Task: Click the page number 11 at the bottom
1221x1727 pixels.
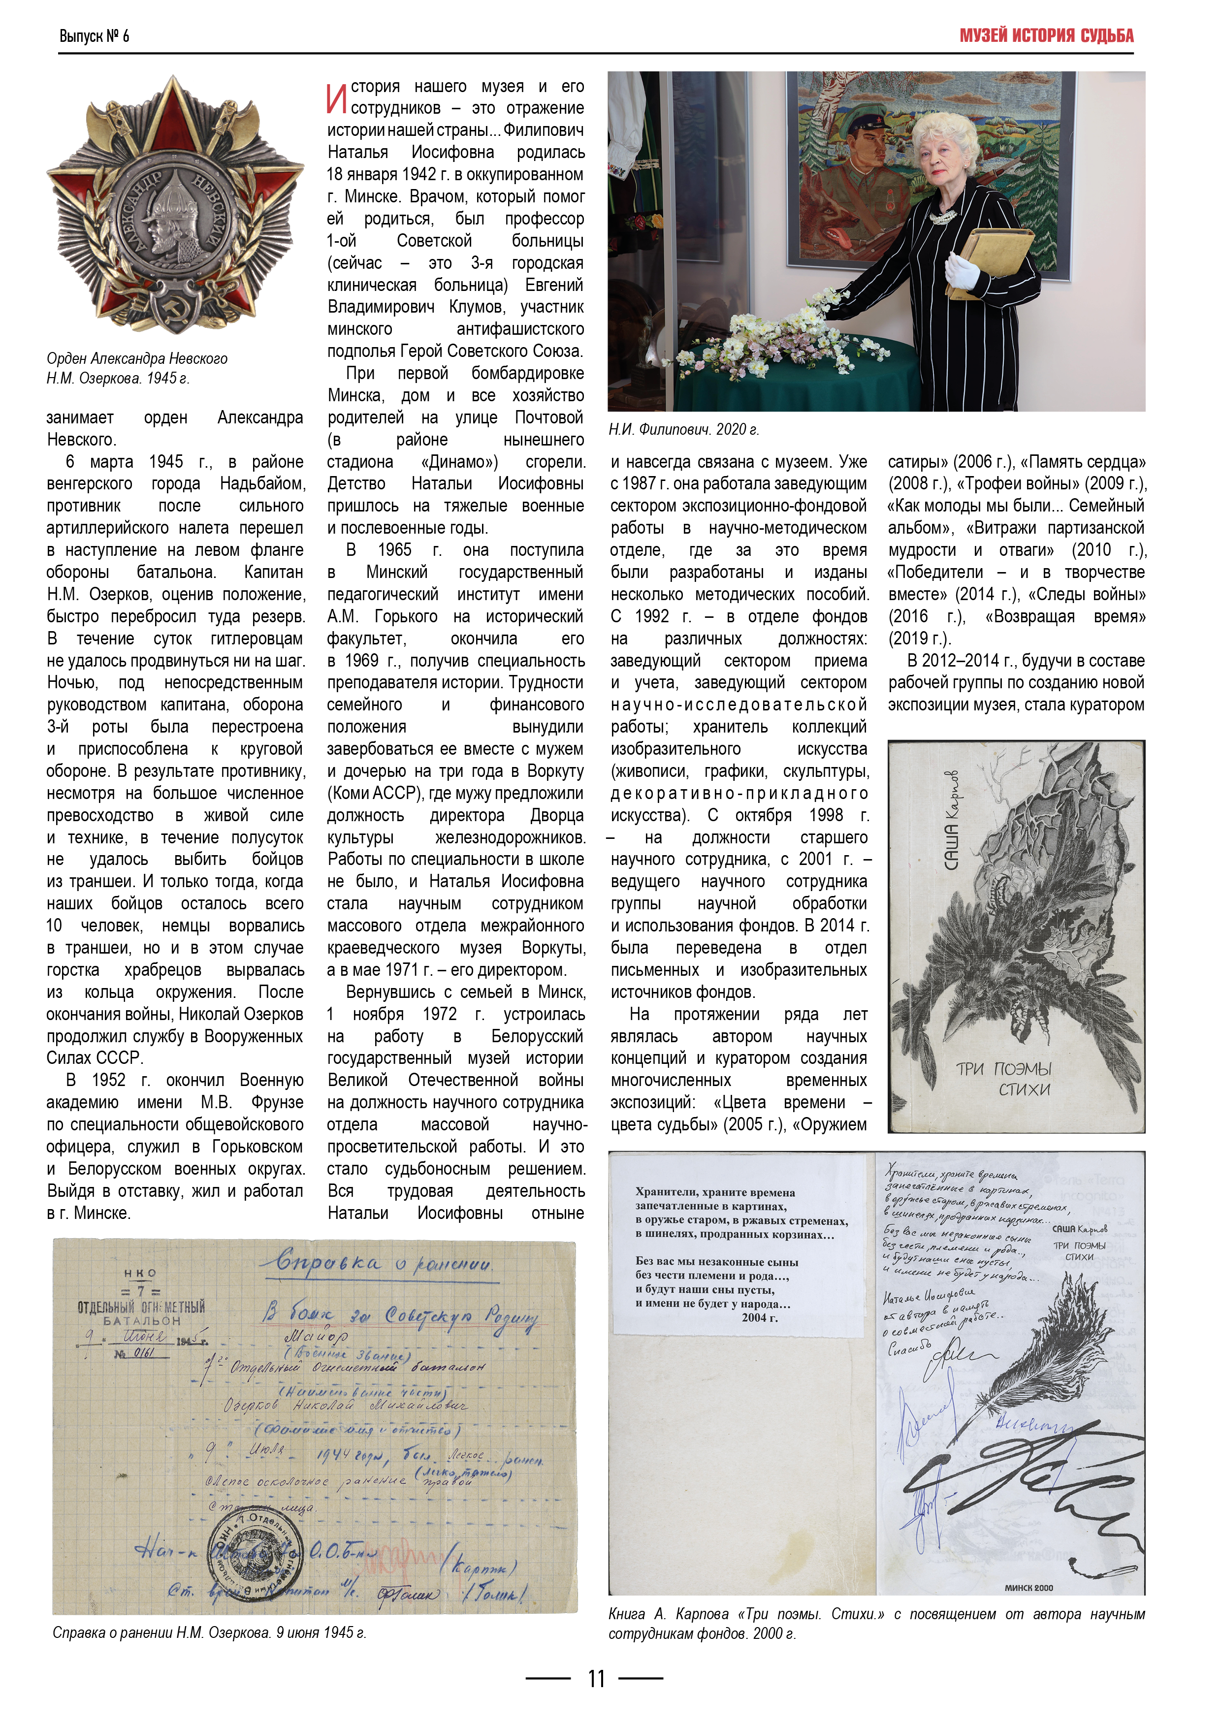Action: pyautogui.click(x=596, y=1678)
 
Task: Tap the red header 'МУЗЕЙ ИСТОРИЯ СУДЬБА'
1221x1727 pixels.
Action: pyautogui.click(x=1046, y=35)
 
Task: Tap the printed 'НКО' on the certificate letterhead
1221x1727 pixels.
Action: pyautogui.click(x=140, y=1273)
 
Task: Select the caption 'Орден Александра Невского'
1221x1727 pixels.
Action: pyautogui.click(x=137, y=359)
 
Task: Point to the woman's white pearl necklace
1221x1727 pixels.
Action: pyautogui.click(x=942, y=217)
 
